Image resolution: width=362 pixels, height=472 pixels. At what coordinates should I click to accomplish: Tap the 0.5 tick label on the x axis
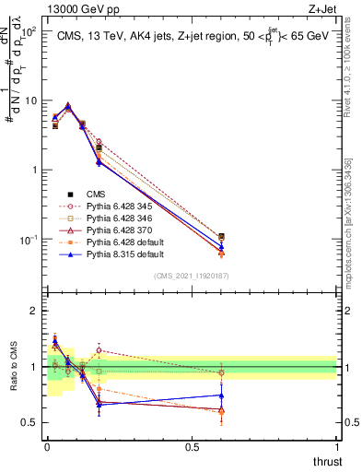point(192,446)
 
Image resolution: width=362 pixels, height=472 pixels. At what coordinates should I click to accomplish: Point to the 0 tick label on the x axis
point(47,446)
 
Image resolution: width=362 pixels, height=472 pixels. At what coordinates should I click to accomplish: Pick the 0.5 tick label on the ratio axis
point(29,422)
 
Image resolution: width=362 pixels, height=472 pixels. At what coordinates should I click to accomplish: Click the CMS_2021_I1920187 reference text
point(192,276)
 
